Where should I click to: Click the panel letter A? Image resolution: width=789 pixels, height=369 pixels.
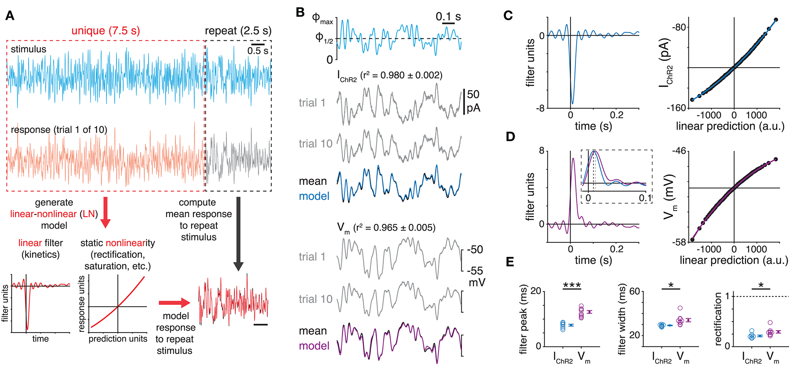pos(10,16)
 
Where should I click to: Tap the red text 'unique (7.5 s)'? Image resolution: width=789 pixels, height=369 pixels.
pos(106,31)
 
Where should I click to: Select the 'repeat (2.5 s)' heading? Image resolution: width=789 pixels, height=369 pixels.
pos(238,31)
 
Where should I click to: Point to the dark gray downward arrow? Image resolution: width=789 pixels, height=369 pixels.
pos(238,233)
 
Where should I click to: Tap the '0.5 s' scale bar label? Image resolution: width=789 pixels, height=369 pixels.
pos(258,51)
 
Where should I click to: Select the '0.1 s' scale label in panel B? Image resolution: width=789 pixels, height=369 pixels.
pos(448,17)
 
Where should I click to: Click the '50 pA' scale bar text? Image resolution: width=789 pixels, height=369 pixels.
pos(473,101)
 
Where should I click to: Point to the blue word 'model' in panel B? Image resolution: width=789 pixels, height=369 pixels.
pos(314,196)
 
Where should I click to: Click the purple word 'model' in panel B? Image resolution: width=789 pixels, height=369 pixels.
pos(314,346)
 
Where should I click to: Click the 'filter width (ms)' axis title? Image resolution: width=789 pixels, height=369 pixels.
pos(622,319)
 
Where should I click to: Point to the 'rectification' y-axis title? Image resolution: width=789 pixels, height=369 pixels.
pos(718,319)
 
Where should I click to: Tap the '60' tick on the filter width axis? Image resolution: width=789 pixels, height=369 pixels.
pos(634,291)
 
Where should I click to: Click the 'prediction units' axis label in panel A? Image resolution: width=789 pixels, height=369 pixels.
pos(118,339)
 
